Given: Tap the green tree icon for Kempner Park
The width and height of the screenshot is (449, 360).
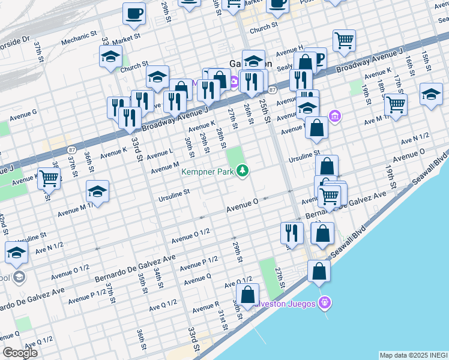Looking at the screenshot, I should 243,172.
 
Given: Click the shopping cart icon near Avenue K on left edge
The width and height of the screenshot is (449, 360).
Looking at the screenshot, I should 49,178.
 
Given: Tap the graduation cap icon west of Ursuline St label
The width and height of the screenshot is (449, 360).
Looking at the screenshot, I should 97,192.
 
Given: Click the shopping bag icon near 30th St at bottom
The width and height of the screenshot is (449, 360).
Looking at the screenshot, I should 247,295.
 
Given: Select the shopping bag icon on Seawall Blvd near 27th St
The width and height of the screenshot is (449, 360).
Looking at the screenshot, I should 319,271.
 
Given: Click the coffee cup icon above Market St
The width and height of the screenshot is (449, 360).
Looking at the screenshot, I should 134,13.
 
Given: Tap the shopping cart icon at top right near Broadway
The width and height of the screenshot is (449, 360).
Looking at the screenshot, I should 344,40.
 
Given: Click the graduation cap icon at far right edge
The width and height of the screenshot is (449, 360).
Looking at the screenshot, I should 431,94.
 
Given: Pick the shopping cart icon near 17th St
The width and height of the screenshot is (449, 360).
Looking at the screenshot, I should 396,104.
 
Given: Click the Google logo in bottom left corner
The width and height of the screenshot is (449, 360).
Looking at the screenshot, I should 20,353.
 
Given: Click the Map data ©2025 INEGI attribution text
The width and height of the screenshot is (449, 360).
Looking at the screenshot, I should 413,355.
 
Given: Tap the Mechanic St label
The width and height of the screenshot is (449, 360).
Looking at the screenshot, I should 78,41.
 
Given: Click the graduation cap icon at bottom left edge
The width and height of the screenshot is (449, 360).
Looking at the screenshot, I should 16,253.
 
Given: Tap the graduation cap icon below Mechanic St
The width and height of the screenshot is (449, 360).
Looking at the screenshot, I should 110,56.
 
